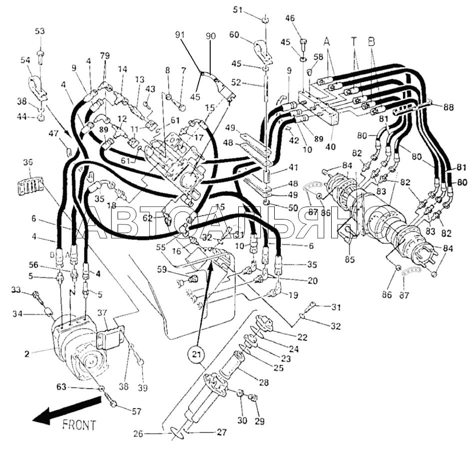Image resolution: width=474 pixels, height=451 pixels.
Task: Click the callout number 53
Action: click(39, 31)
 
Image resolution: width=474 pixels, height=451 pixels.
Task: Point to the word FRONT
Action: click(79, 425)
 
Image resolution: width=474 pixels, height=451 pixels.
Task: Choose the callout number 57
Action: click(137, 411)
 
